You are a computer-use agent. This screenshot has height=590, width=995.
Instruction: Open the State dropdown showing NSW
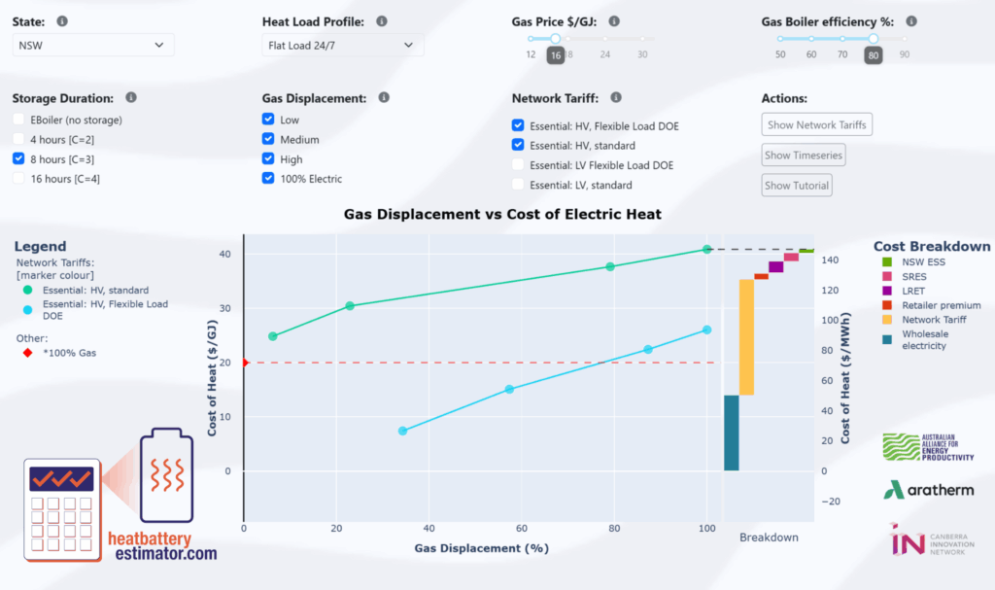coord(93,45)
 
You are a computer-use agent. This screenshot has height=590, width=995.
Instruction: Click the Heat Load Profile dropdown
coord(342,45)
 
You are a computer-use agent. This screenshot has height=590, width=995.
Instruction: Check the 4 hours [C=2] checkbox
coord(19,139)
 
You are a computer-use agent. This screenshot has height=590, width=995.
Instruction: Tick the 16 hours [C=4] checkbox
coord(19,178)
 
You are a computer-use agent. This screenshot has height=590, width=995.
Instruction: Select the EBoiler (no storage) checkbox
coord(19,120)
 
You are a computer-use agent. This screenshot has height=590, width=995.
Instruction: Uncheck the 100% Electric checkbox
coord(268,178)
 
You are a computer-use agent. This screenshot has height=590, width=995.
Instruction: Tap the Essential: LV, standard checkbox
coord(518,185)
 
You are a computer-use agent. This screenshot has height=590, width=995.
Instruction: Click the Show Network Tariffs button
coord(816,124)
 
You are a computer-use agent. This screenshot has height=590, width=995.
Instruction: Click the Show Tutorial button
coord(797,185)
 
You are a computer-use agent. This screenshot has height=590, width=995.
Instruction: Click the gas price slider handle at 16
coord(555,39)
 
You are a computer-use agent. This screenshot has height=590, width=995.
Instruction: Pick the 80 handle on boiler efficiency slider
coord(874,39)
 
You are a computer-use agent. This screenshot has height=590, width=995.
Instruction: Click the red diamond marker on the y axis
coord(244,363)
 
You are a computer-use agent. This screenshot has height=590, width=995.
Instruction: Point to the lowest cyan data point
coord(402,431)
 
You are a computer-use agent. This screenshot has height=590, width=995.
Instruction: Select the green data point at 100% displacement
coord(707,250)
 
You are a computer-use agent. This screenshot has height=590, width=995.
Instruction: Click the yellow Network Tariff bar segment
coord(746,336)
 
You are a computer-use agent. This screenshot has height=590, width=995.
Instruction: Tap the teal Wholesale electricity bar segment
coord(732,433)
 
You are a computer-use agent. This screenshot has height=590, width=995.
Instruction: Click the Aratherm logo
coord(928,490)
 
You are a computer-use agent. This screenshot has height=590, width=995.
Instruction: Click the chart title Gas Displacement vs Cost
coord(502,214)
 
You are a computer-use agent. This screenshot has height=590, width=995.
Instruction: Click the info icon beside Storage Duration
coord(130,98)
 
